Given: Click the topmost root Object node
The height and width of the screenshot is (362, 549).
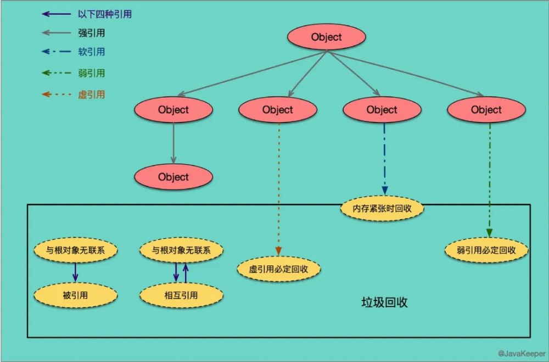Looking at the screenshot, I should pos(326,37).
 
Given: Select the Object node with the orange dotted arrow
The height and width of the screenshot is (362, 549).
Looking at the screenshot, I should pos(277,110).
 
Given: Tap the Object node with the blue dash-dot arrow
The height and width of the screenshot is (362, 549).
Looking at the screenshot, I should pos(382,110).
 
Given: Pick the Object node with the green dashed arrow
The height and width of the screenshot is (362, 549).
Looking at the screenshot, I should pos(486,110).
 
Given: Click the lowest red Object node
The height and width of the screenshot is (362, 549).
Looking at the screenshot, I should pos(173,177).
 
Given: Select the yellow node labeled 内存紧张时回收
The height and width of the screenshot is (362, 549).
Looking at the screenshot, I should pos(382,209).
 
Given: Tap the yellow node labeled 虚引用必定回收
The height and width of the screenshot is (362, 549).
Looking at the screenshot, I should pos(278,269).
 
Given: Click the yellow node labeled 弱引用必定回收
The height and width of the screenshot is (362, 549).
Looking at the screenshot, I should pos(486,250).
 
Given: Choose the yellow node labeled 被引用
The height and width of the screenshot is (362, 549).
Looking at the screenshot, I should pos(75,296).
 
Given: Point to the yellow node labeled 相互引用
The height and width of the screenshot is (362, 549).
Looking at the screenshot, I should pos(181,296).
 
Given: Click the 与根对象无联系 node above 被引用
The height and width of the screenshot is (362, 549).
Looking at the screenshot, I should pos(75,250).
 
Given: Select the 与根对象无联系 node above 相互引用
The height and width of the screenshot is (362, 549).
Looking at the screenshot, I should pos(181,250).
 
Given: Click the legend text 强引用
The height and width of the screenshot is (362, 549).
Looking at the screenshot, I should pos(91,33).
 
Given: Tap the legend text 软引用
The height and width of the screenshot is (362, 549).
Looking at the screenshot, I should pos(91,52).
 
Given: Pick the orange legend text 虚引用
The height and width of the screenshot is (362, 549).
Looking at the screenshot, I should pos(91,94).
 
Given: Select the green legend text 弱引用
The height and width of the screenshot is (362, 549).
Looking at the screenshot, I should pos(91,73).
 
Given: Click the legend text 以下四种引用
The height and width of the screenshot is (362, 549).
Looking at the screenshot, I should pos(104,14).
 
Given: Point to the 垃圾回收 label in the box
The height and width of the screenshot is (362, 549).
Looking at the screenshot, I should pos(384,303).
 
